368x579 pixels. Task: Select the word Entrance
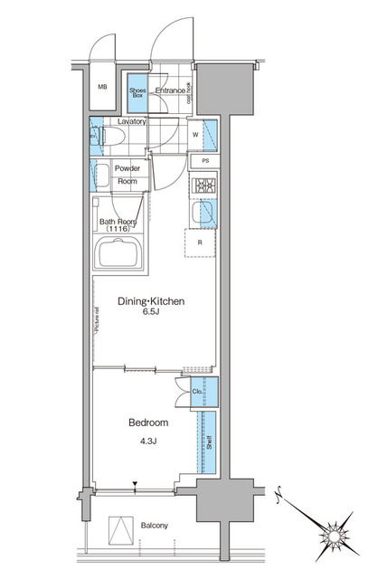coord(171,90)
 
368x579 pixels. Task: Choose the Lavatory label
coord(132,121)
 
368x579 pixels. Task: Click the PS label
coord(204,161)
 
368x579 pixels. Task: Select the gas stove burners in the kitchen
coord(204,187)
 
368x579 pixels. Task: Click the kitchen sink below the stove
coord(205,214)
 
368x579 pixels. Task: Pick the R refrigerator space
coord(201,242)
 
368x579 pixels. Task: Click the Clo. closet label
coord(197,392)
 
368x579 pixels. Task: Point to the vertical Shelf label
coord(208,442)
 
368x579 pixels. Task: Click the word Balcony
coord(153,526)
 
